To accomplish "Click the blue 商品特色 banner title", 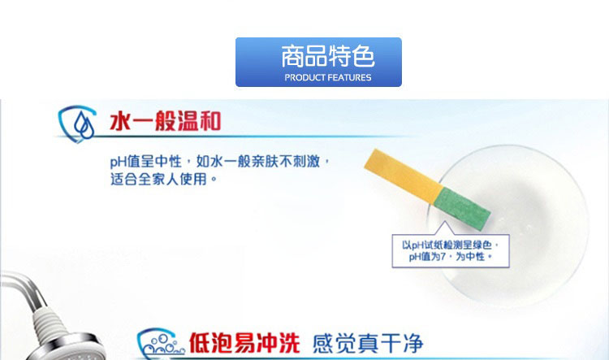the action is [328, 56].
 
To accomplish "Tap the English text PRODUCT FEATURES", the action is [328, 77].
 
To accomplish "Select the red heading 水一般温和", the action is [166, 121].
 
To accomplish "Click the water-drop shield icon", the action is [77, 124].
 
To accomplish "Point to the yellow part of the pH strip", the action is [403, 176].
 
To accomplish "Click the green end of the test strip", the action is [462, 206].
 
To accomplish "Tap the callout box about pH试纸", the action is [451, 251].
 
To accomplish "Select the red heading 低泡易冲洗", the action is [244, 343].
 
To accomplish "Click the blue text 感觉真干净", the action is [367, 343].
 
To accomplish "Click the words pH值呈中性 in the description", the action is [146, 162].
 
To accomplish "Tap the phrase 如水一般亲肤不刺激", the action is [258, 161].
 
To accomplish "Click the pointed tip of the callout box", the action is [445, 222].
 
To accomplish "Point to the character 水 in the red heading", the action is [120, 121].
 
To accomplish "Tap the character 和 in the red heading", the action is [210, 121].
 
